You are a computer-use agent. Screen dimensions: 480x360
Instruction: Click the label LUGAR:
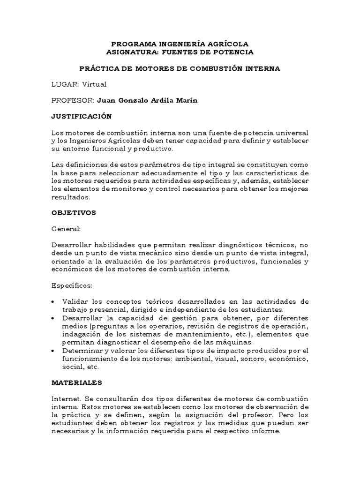(65, 84)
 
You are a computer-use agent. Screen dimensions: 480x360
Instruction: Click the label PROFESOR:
(72, 101)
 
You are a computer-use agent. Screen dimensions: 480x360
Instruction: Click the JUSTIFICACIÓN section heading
(81, 116)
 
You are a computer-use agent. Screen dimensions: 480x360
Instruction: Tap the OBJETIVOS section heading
(74, 212)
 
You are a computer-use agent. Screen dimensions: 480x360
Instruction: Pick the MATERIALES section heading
(76, 382)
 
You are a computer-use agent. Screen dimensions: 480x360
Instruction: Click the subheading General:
(66, 229)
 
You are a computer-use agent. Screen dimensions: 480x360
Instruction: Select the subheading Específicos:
(72, 285)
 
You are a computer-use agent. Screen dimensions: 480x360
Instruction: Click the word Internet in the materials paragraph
(66, 398)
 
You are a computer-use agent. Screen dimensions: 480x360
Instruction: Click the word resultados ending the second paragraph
(70, 198)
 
